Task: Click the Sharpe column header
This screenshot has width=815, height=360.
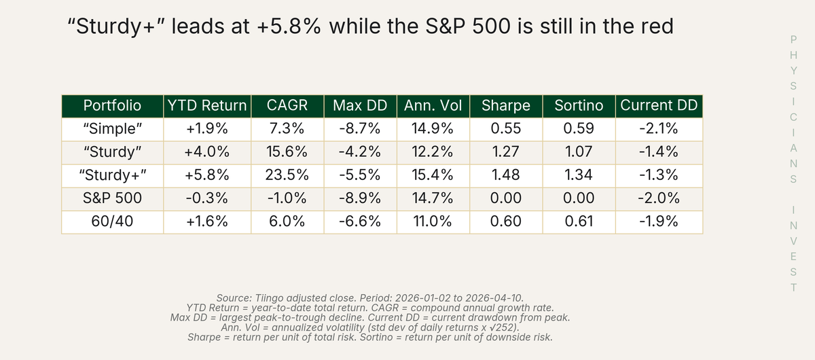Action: (506, 105)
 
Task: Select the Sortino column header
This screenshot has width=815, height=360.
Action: (579, 105)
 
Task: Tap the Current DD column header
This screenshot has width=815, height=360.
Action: (659, 105)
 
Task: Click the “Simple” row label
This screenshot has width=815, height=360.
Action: (113, 129)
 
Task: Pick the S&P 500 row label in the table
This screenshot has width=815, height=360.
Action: (113, 198)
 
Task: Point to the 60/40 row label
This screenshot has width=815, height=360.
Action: (113, 221)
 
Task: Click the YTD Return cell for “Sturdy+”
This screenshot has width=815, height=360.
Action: (207, 175)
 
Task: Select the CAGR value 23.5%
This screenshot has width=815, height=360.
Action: (287, 175)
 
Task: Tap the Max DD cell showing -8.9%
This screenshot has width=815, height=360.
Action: (360, 198)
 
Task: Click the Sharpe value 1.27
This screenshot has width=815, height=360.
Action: (506, 151)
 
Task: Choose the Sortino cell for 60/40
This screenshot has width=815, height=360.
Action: (579, 221)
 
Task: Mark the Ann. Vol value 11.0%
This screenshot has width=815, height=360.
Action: (433, 221)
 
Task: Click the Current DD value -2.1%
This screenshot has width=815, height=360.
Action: (659, 128)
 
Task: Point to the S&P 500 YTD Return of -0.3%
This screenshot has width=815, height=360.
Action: (207, 198)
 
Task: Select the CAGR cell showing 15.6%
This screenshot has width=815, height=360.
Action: (287, 151)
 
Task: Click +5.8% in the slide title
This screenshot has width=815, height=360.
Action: (289, 26)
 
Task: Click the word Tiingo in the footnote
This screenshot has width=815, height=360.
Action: (269, 298)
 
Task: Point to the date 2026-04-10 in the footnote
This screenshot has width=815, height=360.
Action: (494, 298)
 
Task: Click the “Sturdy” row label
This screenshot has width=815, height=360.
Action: (113, 152)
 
